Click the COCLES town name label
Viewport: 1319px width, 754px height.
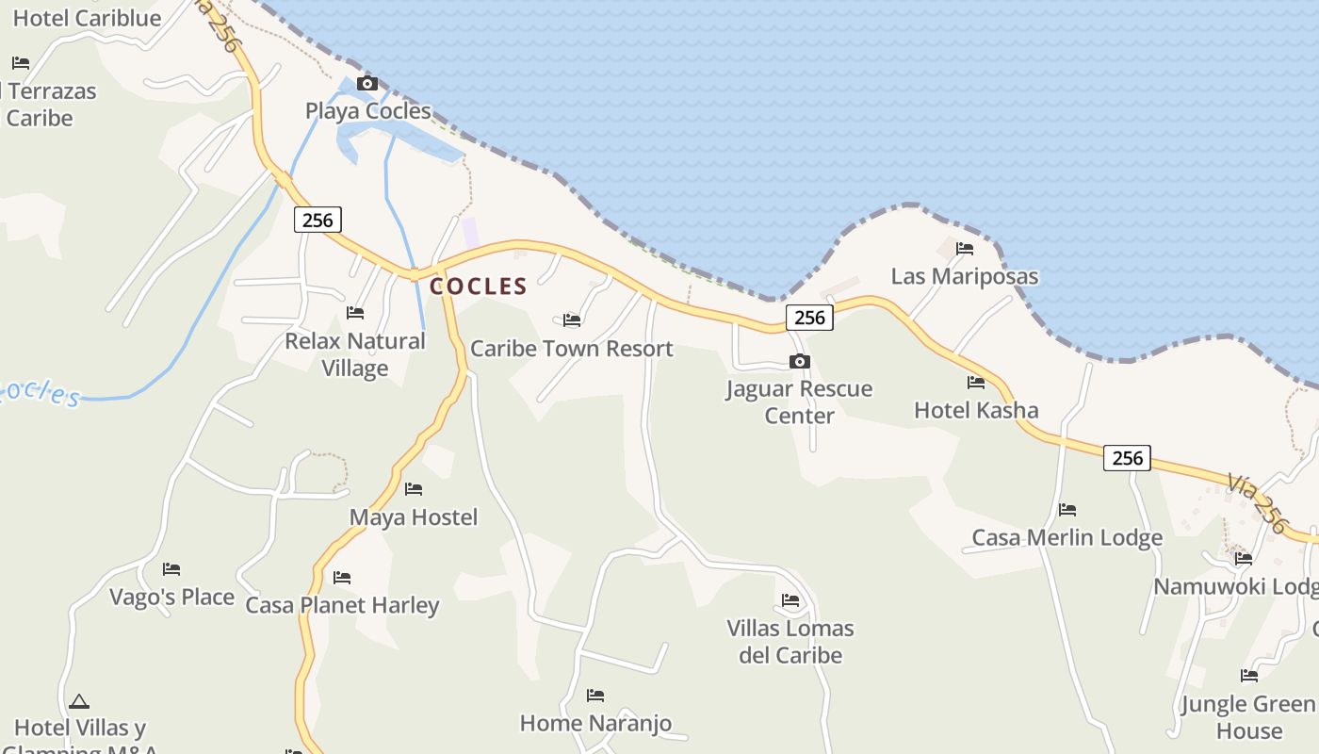click(478, 287)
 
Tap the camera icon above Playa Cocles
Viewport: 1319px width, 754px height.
click(367, 84)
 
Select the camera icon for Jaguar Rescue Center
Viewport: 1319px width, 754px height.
click(799, 361)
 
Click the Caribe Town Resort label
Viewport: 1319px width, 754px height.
click(571, 349)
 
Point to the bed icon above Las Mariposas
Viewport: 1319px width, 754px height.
click(964, 249)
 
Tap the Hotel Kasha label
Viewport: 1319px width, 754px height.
click(976, 411)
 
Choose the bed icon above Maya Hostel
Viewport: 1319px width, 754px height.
click(413, 489)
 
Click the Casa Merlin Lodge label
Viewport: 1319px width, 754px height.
click(1067, 538)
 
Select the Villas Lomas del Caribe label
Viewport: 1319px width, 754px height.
click(790, 642)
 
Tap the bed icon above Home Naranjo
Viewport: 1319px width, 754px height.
click(594, 696)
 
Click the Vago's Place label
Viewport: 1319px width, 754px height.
click(171, 598)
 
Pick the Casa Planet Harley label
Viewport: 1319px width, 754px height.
click(342, 605)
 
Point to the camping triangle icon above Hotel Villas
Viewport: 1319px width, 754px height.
click(78, 701)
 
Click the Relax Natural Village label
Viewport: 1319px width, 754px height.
click(355, 354)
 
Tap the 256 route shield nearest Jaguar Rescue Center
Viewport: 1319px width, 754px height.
click(809, 318)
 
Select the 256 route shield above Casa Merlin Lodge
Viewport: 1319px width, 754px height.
click(1127, 458)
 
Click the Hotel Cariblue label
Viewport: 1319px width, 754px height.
click(87, 18)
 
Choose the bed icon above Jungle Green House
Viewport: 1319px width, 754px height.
click(1248, 676)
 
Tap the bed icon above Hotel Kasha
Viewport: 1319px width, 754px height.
click(975, 383)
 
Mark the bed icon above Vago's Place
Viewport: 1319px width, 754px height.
click(171, 569)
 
